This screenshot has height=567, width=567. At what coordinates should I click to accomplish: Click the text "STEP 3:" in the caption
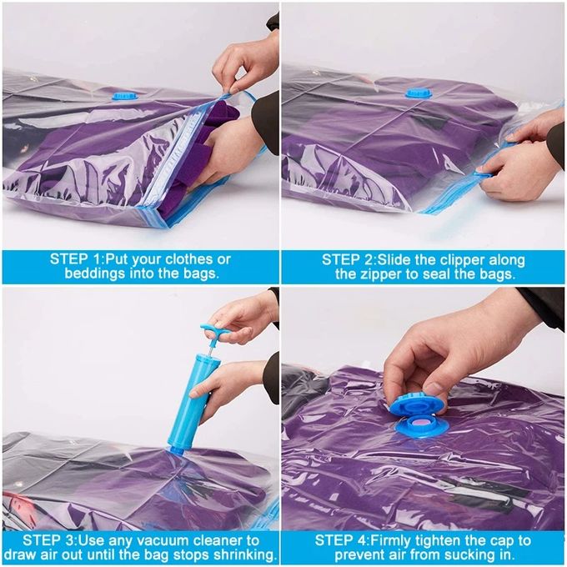click(x=49, y=540)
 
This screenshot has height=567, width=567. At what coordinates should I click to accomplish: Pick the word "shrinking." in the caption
click(x=242, y=555)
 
